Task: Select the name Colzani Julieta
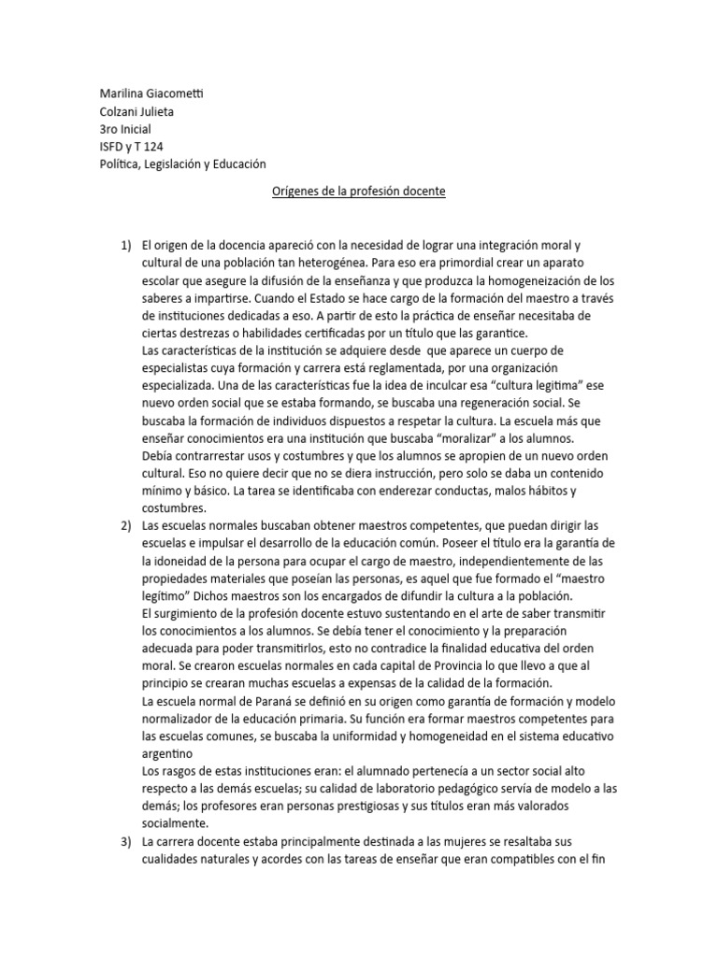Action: click(136, 112)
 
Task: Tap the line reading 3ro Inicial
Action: click(125, 129)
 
